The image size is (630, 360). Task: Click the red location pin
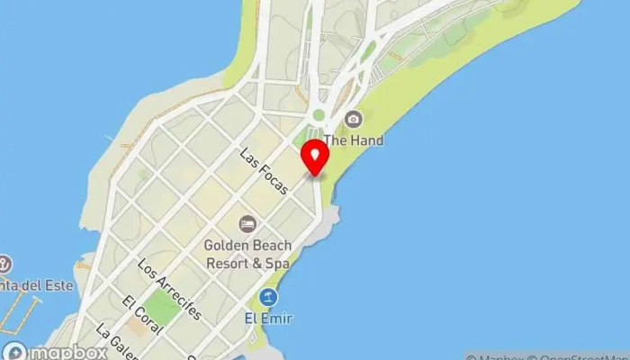[315, 157]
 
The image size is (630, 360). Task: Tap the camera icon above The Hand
[353, 119]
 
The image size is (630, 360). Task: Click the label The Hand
[354, 140]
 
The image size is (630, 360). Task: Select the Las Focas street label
[264, 171]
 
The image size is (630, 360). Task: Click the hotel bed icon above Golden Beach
[247, 223]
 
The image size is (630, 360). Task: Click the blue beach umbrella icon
[267, 298]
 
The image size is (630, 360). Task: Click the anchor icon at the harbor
[4, 265]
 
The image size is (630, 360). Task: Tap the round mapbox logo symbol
[13, 351]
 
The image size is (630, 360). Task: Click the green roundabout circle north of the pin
[318, 115]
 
